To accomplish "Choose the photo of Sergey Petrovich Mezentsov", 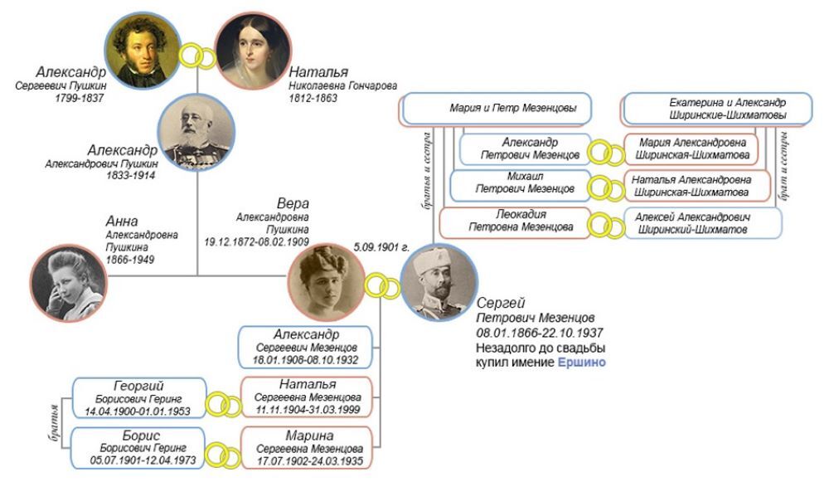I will (437, 284).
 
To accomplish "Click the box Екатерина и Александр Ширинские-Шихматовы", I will (712, 109).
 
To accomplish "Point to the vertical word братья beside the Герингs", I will (53, 421).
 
